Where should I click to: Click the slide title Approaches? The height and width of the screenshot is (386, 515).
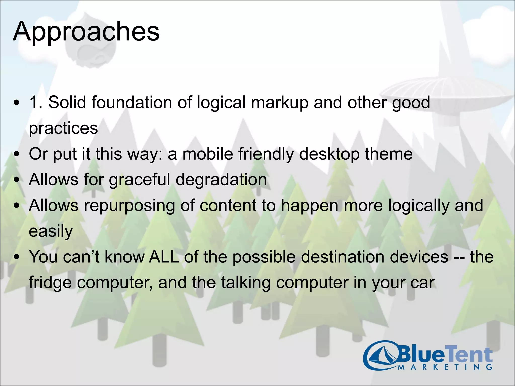pyautogui.click(x=86, y=32)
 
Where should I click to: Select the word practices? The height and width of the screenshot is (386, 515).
pyautogui.click(x=63, y=129)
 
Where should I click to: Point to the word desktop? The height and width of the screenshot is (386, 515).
pyautogui.click(x=329, y=154)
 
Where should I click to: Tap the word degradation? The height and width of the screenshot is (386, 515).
pyautogui.click(x=221, y=180)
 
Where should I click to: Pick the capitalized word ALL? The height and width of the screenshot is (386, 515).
pyautogui.click(x=164, y=257)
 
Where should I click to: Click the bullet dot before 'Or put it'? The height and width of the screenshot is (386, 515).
pyautogui.click(x=17, y=154)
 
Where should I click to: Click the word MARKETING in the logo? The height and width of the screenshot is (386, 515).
pyautogui.click(x=445, y=367)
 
